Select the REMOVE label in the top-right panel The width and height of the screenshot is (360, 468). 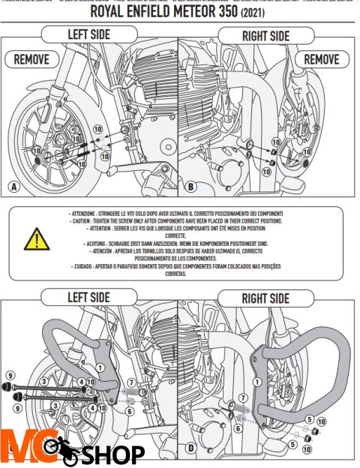[322, 58]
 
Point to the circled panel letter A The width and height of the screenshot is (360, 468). [13, 187]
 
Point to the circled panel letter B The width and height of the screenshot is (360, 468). [190, 187]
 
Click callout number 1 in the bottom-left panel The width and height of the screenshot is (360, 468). [100, 367]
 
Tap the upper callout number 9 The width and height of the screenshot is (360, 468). [10, 375]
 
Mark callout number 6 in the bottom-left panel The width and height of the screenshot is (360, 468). [129, 411]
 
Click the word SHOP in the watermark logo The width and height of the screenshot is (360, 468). [112, 454]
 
